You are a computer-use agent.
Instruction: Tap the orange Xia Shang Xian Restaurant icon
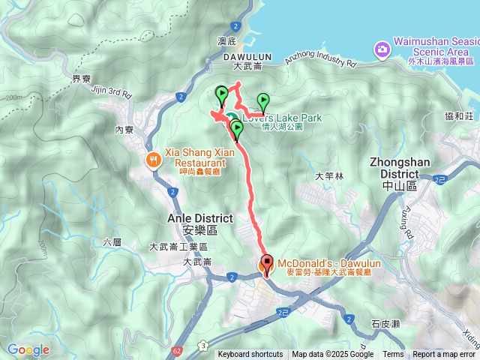tap(153, 158)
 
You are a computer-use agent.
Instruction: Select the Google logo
tap(28, 350)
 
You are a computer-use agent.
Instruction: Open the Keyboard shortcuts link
tap(250, 355)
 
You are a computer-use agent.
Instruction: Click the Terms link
tap(392, 355)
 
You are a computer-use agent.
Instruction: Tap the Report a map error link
tap(444, 355)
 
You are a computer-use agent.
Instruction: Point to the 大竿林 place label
tap(328, 176)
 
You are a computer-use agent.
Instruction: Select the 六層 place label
tap(111, 242)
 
